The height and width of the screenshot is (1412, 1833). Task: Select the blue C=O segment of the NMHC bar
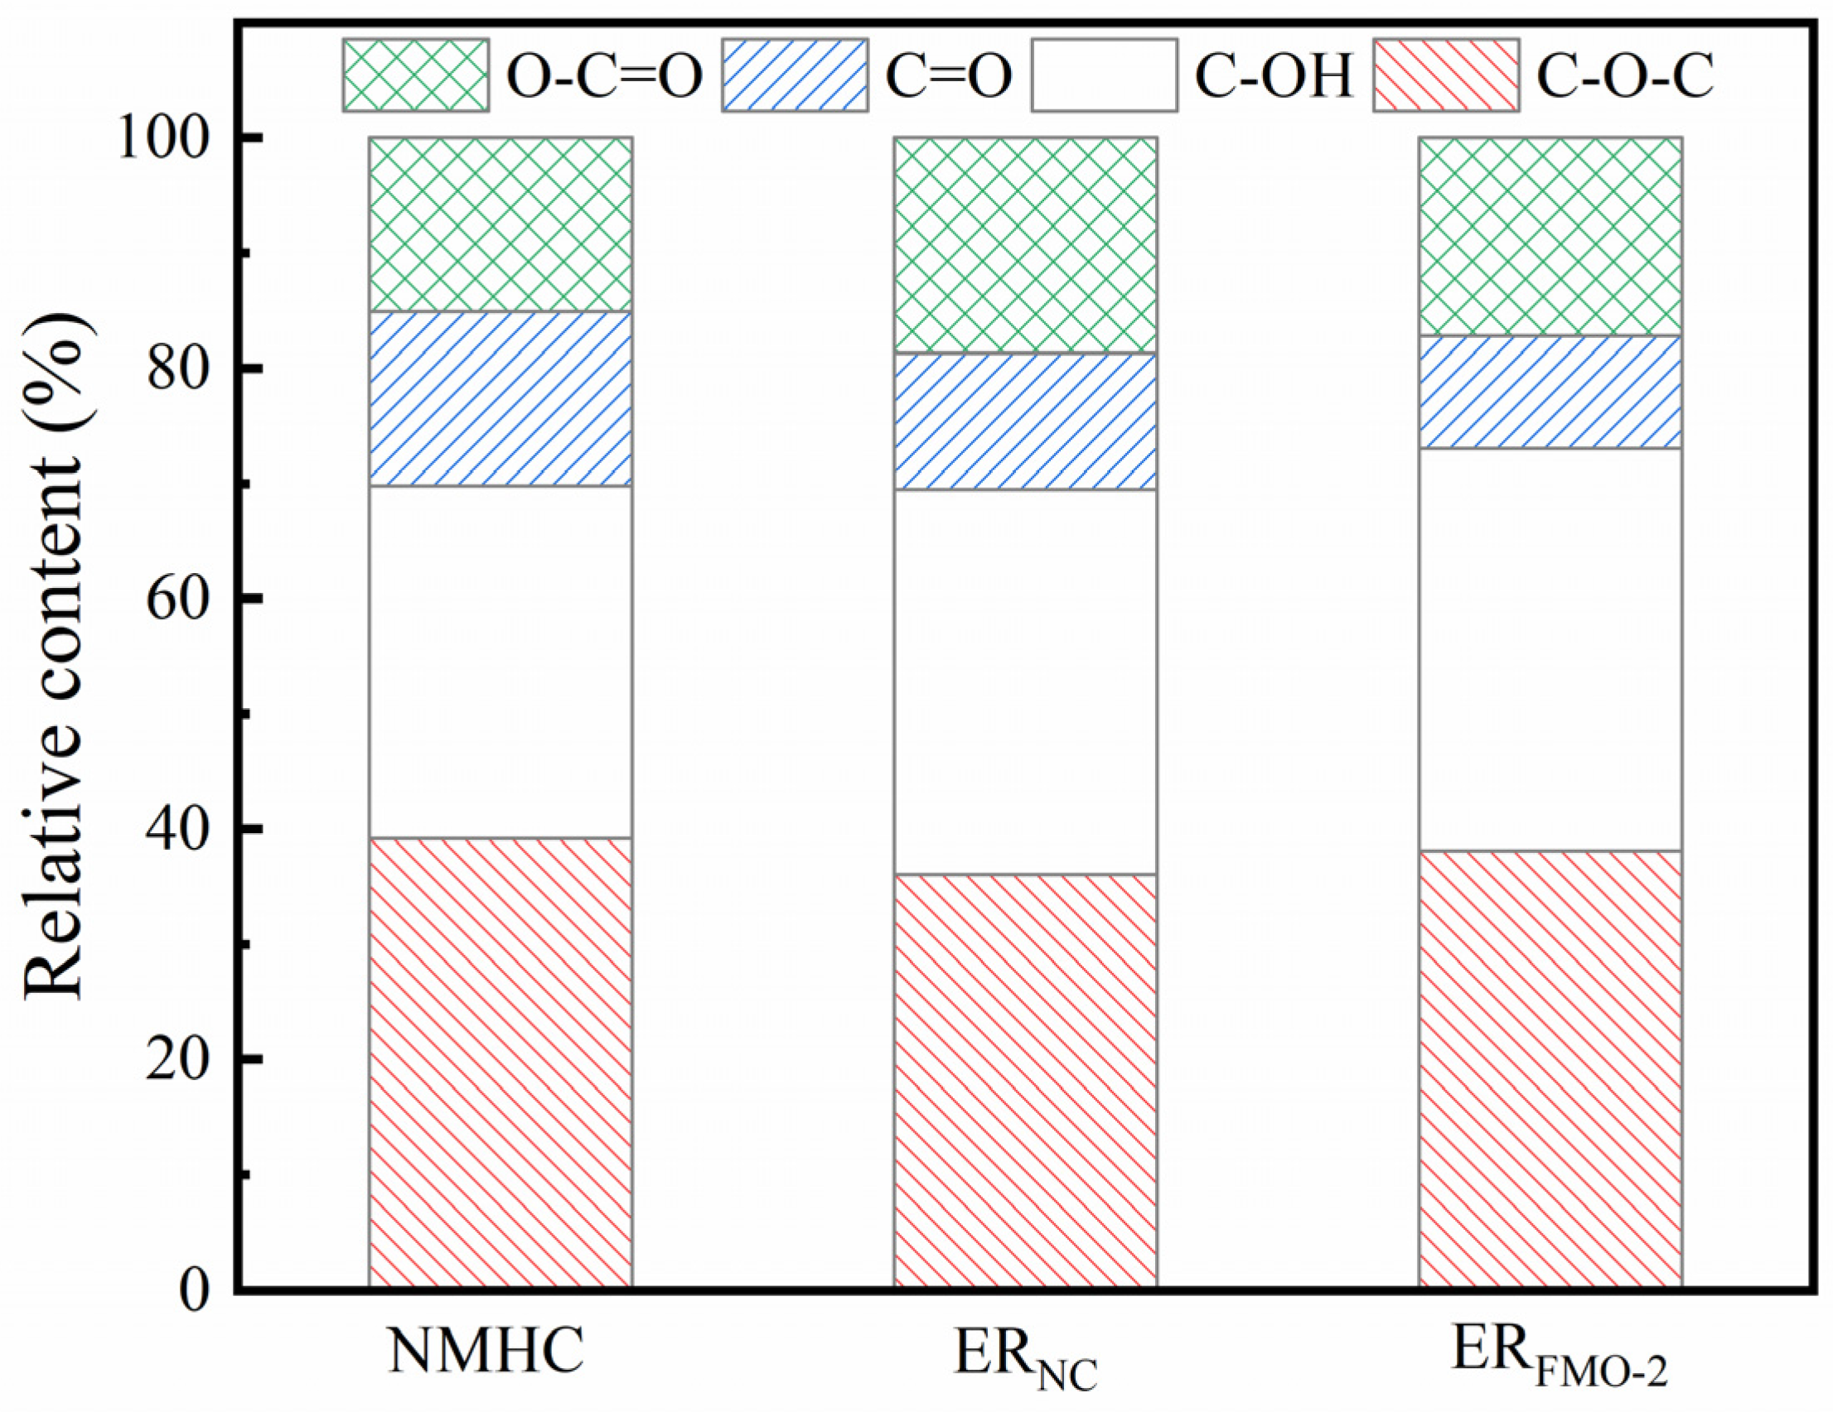501,398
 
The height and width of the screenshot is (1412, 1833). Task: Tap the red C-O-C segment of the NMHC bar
501,1063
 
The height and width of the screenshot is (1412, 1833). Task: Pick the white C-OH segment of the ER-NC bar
1025,682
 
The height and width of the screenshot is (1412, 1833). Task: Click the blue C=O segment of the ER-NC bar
1025,422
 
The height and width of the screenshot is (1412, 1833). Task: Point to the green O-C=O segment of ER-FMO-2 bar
1550,236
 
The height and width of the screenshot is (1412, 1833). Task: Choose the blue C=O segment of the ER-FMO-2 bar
1550,392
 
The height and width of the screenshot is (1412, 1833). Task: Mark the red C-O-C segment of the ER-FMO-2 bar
1550,1069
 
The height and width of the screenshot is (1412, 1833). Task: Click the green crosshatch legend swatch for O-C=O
415,75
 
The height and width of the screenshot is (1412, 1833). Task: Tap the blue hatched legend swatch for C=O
794,75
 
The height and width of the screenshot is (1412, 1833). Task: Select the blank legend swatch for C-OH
1104,75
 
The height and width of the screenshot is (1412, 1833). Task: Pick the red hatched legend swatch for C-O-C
1445,75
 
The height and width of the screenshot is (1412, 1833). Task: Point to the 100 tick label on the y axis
172,138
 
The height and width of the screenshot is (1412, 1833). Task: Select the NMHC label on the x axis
486,1350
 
